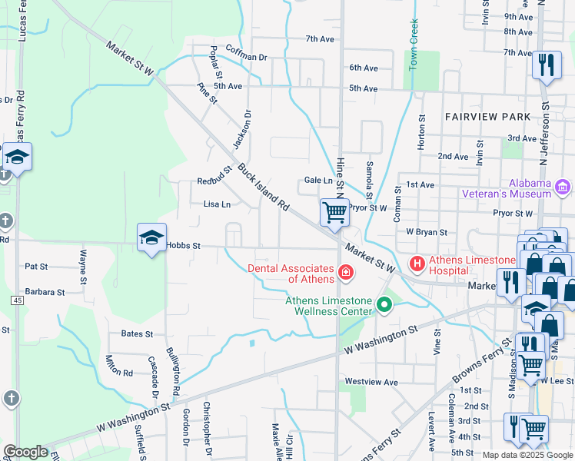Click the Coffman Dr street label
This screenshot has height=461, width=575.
[x=247, y=58]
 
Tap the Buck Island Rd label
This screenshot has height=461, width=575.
[x=262, y=187]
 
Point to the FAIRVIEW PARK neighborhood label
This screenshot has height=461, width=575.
[x=487, y=116]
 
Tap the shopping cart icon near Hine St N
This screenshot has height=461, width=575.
[x=334, y=212]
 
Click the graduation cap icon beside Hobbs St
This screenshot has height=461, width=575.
[x=151, y=237]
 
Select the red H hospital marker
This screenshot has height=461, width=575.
[x=417, y=264]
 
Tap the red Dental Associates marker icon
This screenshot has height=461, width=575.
[x=346, y=271]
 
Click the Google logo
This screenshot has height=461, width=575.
[x=25, y=452]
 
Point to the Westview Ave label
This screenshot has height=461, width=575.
[x=371, y=382]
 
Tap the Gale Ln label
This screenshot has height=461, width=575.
[x=318, y=180]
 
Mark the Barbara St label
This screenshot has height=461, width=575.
[x=45, y=293]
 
